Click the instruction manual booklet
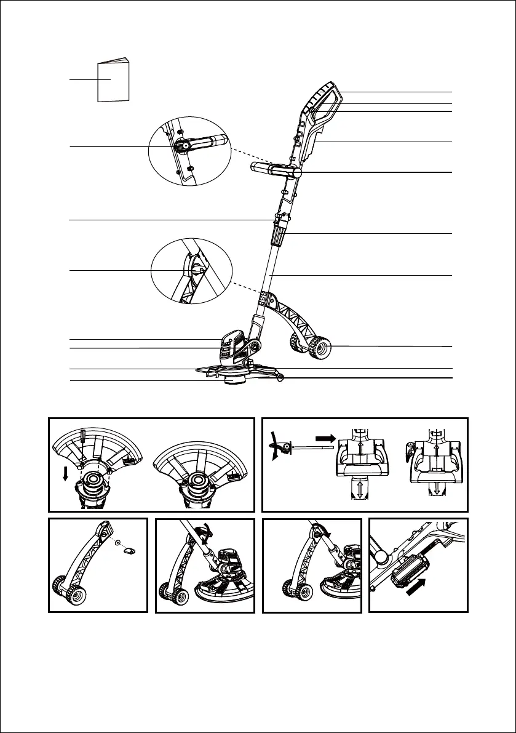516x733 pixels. tap(114, 80)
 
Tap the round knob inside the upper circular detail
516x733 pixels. tap(184, 146)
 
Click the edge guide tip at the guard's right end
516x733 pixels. tap(280, 376)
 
